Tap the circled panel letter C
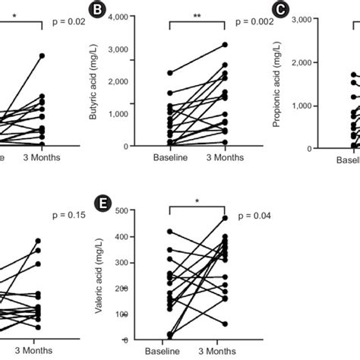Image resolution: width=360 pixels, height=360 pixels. (x=280, y=11)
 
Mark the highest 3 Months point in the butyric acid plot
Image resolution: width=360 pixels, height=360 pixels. (x=224, y=45)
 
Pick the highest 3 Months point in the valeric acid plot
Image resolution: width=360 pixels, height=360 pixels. (x=224, y=218)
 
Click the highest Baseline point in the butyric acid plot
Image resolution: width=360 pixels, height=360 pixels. (x=169, y=73)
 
